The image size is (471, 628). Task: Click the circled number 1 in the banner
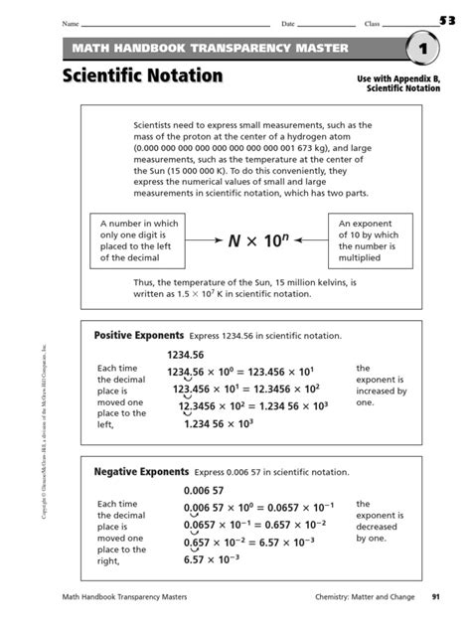[x=421, y=49]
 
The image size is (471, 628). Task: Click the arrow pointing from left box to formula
[x=199, y=240]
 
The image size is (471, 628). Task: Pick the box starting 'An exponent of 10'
[x=372, y=241]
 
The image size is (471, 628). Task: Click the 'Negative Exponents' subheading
[x=140, y=471]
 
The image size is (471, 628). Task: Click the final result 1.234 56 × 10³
[x=235, y=424]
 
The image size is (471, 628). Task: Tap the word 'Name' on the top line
[x=71, y=23]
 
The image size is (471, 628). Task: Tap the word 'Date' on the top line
[x=288, y=23]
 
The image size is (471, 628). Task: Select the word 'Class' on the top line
[x=373, y=23]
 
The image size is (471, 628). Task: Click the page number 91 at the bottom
[x=435, y=596]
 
